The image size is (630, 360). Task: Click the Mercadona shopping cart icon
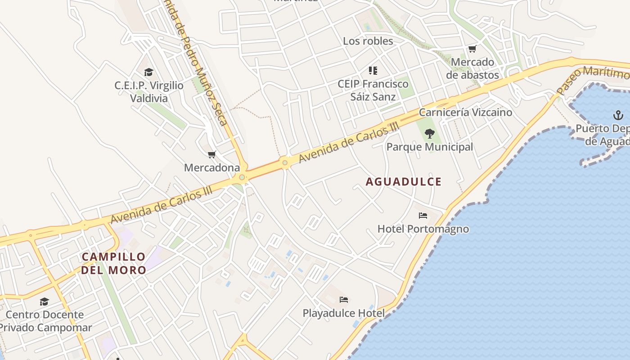tap(212, 155)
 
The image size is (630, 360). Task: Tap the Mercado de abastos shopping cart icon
tap(472, 49)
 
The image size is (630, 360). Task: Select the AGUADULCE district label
tap(404, 182)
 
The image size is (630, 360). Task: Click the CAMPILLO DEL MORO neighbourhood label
tap(114, 263)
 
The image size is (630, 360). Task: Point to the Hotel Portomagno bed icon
tap(423, 216)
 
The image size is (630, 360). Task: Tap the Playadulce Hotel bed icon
tap(344, 300)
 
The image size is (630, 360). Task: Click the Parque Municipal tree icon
tap(430, 133)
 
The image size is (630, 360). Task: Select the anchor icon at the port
tap(618, 116)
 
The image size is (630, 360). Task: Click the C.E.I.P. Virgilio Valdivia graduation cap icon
tap(148, 72)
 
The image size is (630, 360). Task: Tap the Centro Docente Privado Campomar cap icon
tap(44, 301)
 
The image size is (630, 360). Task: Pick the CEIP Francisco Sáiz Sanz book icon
tap(373, 70)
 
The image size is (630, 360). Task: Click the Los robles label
tap(368, 41)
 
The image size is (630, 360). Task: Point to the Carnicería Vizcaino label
tap(465, 112)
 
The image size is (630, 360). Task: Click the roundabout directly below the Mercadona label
tap(242, 178)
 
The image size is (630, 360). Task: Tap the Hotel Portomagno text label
tap(423, 229)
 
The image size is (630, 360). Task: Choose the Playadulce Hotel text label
tap(344, 313)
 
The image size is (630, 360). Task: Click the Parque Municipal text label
tap(430, 147)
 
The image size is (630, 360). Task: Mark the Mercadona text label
tap(212, 168)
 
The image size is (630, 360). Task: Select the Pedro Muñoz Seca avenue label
tap(198, 67)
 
